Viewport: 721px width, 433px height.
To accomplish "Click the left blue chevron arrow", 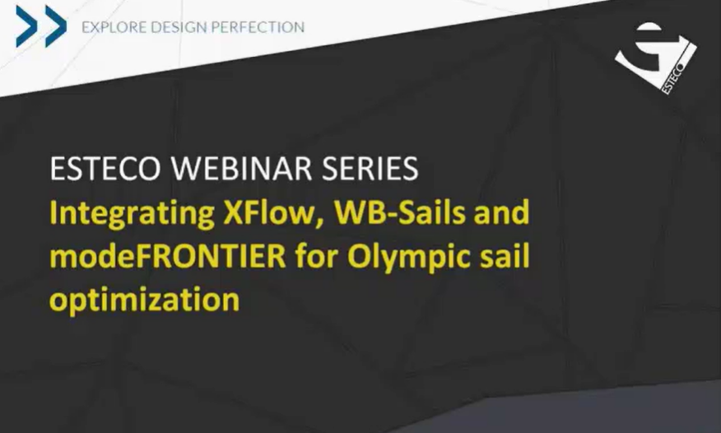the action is tap(26, 26).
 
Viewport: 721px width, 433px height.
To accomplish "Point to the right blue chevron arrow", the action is tap(56, 26).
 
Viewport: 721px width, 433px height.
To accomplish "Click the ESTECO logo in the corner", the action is tap(656, 58).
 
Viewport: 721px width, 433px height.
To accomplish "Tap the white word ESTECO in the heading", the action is tap(105, 168).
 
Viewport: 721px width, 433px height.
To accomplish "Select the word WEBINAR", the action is tap(241, 168).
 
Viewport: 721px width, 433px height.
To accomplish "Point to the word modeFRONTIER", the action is tap(168, 256).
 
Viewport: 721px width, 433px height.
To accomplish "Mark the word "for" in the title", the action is tap(317, 256).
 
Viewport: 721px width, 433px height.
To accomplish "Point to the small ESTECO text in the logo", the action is tap(673, 77).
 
